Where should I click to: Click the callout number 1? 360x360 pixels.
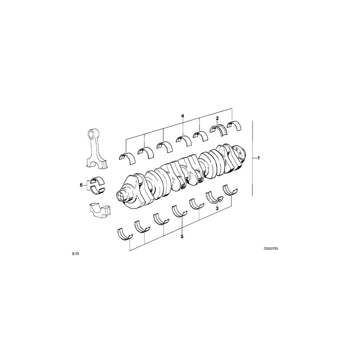(258, 158)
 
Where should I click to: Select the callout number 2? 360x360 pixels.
(217, 118)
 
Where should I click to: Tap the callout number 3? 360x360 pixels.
(217, 208)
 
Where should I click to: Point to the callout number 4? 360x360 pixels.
(182, 116)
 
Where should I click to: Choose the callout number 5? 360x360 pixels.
(182, 237)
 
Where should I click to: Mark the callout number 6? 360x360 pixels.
(81, 185)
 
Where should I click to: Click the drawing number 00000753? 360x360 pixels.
(270, 248)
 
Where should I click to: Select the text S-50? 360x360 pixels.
(75, 254)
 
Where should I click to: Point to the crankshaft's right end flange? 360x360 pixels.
(239, 154)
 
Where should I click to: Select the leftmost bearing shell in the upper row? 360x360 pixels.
(127, 157)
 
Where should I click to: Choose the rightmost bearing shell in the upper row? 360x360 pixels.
(234, 125)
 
